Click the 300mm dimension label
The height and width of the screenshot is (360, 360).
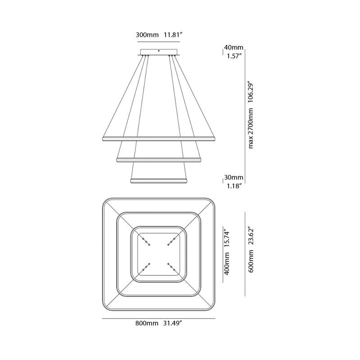click(x=145, y=34)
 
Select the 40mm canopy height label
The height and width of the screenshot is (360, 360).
click(x=234, y=47)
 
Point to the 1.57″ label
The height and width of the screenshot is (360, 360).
click(x=234, y=56)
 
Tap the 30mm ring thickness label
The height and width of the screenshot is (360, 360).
click(x=234, y=177)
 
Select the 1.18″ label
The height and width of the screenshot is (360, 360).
click(x=234, y=186)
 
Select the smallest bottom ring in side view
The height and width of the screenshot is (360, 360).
click(x=158, y=181)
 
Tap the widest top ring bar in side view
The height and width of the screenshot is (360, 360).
click(x=158, y=137)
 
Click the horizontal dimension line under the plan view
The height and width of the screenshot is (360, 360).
click(x=158, y=318)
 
